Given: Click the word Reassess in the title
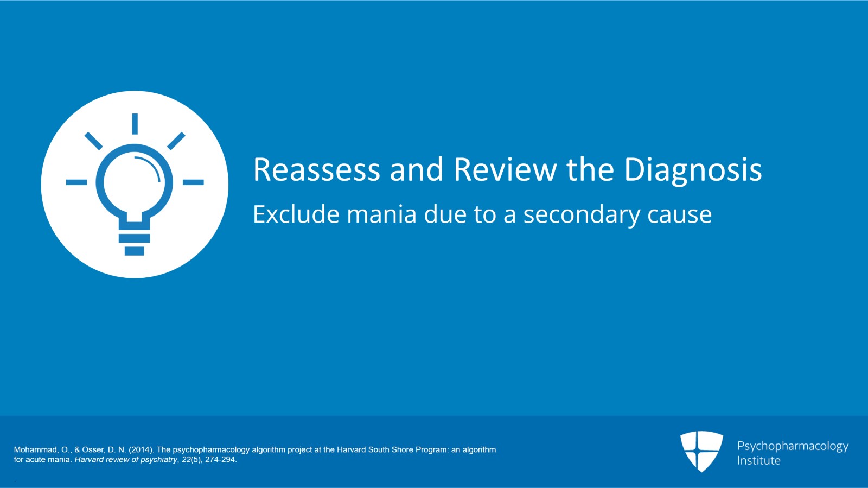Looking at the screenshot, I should pyautogui.click(x=316, y=170).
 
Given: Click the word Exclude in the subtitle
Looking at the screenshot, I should pyautogui.click(x=296, y=214).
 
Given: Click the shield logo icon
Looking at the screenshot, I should pyautogui.click(x=701, y=451).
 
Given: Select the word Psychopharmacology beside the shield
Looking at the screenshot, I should pyautogui.click(x=793, y=447).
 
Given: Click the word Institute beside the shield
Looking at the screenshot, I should pyautogui.click(x=758, y=461).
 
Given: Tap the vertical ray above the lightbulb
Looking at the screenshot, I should pyautogui.click(x=135, y=124).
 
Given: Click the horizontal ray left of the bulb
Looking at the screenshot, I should pyautogui.click(x=76, y=182).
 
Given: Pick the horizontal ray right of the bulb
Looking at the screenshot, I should pyautogui.click(x=193, y=182).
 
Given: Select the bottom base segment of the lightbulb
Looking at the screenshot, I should pyautogui.click(x=134, y=251).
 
